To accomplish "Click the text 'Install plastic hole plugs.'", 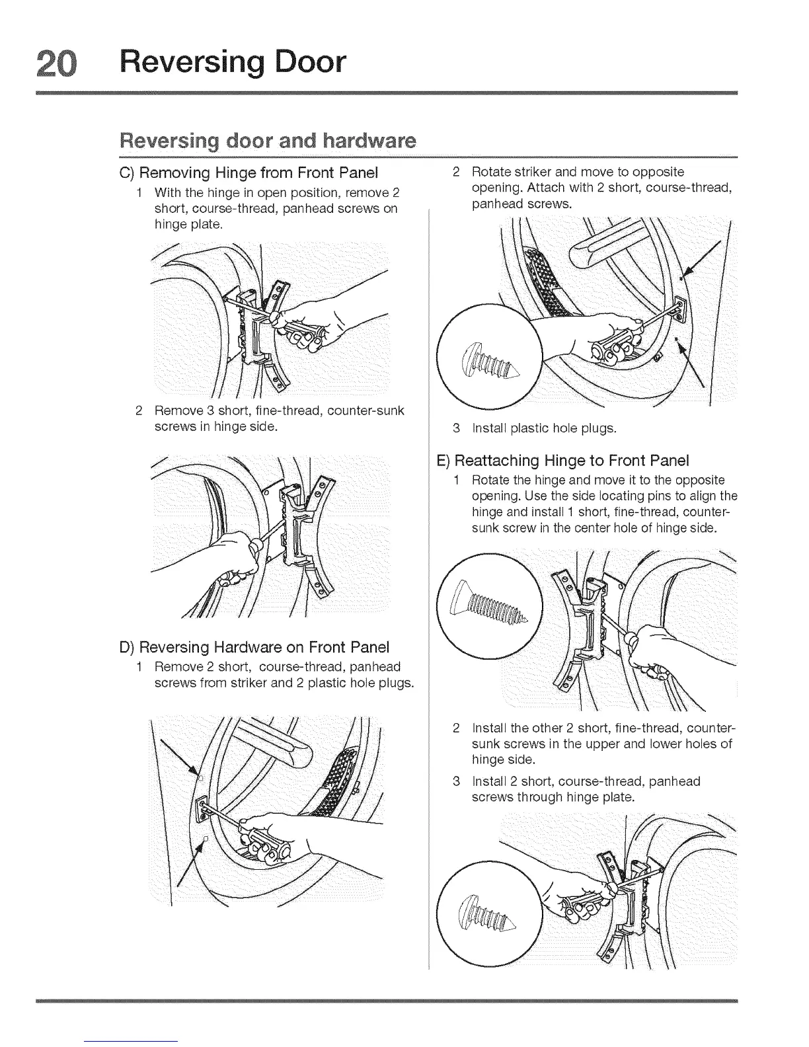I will pyautogui.click(x=544, y=428).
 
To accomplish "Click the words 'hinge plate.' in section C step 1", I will pyautogui.click(x=188, y=224).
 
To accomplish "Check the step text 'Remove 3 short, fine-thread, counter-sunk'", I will pyautogui.click(x=279, y=411).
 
